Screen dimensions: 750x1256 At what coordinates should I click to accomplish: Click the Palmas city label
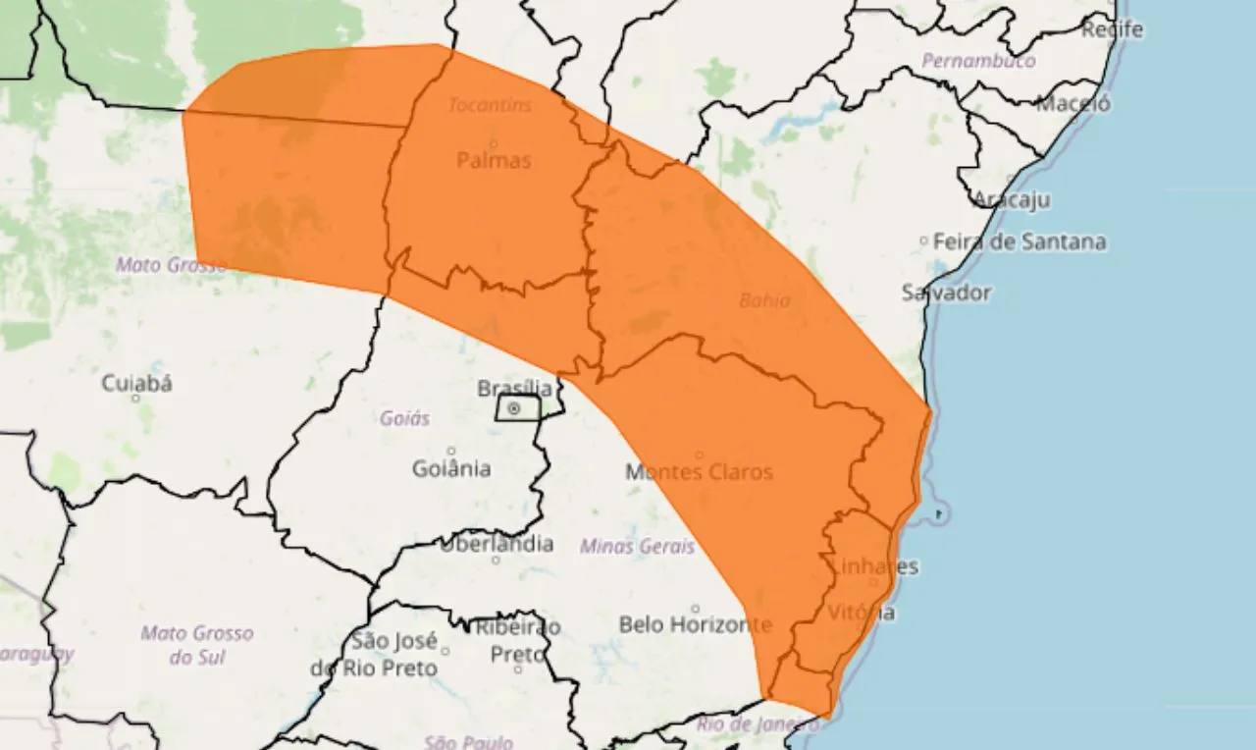[x=494, y=160]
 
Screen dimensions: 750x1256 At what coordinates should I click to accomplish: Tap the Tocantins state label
[x=490, y=104]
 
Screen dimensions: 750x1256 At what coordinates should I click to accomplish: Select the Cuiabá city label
[x=137, y=384]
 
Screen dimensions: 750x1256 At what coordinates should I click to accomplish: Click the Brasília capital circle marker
[x=514, y=408]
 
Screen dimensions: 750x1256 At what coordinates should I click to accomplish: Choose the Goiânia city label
[x=451, y=468]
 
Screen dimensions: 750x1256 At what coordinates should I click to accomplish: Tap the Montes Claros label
[x=699, y=472]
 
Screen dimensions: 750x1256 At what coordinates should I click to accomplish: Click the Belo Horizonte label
[x=696, y=624]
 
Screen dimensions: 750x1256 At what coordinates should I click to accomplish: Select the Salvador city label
[x=946, y=293]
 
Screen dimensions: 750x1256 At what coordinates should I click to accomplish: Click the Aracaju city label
[x=1011, y=200]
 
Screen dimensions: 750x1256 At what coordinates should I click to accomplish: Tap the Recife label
[x=1113, y=30]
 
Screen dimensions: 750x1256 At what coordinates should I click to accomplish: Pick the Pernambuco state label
[x=977, y=61]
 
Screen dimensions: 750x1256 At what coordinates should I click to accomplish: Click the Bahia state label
[x=764, y=300]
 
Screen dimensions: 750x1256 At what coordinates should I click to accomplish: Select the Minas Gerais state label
[x=637, y=547]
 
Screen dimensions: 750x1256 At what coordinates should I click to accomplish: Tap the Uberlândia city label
[x=497, y=544]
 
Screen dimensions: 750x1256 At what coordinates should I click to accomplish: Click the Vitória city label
[x=862, y=614]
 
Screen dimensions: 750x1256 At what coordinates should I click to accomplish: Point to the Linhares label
[x=873, y=566]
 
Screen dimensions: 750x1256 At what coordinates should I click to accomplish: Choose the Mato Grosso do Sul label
[x=196, y=645]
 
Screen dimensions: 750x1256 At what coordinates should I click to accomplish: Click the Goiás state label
[x=404, y=419]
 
